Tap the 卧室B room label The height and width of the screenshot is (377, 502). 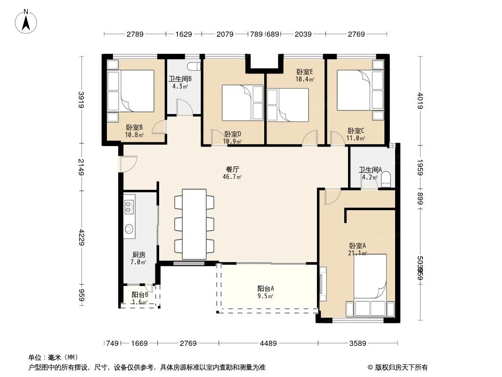pyautogui.click(x=134, y=127)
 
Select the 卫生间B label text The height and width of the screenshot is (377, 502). pyautogui.click(x=180, y=79)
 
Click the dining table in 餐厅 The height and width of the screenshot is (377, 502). pyautogui.click(x=194, y=224)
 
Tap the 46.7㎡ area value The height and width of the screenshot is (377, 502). pyautogui.click(x=233, y=177)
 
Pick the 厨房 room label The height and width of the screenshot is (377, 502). pyautogui.click(x=138, y=254)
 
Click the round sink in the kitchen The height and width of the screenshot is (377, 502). pyautogui.click(x=129, y=229)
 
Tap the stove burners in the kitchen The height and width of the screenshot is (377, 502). pyautogui.click(x=129, y=205)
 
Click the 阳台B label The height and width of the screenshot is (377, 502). pyautogui.click(x=140, y=295)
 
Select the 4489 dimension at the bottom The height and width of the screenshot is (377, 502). pyautogui.click(x=268, y=343)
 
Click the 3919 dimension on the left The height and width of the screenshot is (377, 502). pyautogui.click(x=82, y=100)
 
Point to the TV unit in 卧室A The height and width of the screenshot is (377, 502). pyautogui.click(x=323, y=283)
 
